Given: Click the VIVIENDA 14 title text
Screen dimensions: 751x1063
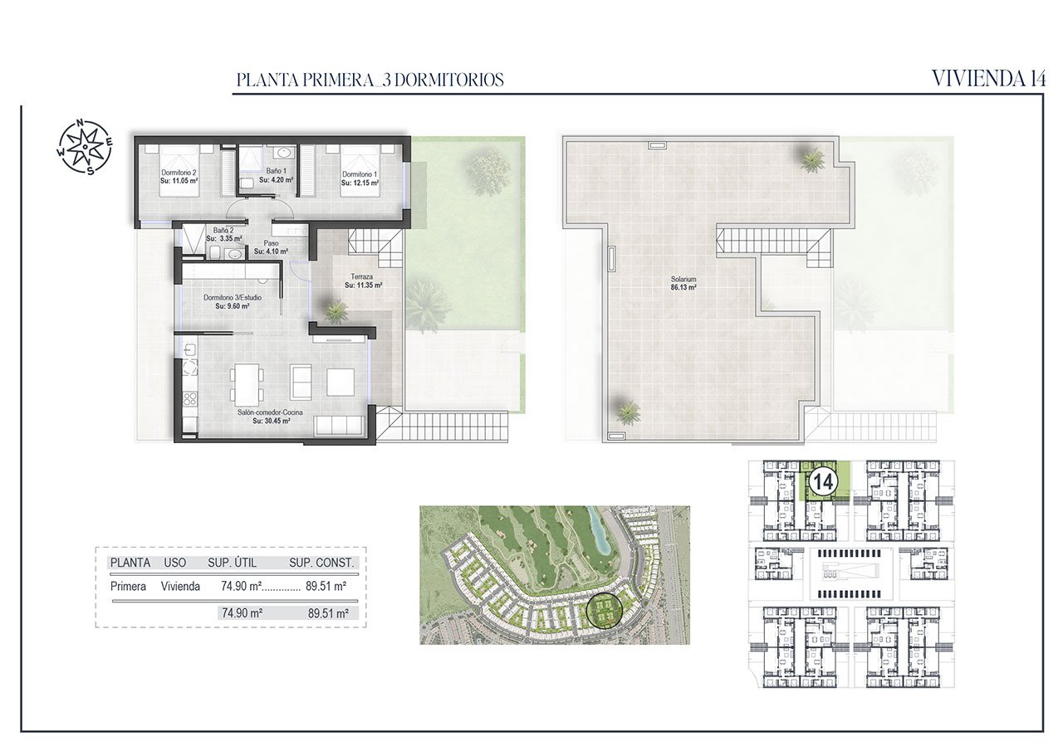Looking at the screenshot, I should (988, 79).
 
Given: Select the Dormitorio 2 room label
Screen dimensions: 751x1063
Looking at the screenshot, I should (179, 177).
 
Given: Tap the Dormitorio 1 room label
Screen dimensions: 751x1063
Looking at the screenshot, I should (360, 178).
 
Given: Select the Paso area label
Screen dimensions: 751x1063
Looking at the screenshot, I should (271, 247).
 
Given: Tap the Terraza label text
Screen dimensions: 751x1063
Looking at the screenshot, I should (362, 280).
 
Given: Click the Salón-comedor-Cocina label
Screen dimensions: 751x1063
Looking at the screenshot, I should (271, 417).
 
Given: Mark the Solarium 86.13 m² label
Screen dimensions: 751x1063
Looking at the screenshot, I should (684, 283).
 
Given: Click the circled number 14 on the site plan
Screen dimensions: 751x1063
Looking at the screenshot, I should (822, 481).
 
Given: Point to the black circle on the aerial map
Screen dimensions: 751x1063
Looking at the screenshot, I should (603, 611).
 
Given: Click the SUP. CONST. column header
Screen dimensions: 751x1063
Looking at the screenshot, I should (321, 563).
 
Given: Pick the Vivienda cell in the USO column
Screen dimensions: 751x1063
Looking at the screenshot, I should (180, 587).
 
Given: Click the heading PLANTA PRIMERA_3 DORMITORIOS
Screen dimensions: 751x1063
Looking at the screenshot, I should (370, 80).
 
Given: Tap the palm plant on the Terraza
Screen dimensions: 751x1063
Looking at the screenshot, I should (336, 311).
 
